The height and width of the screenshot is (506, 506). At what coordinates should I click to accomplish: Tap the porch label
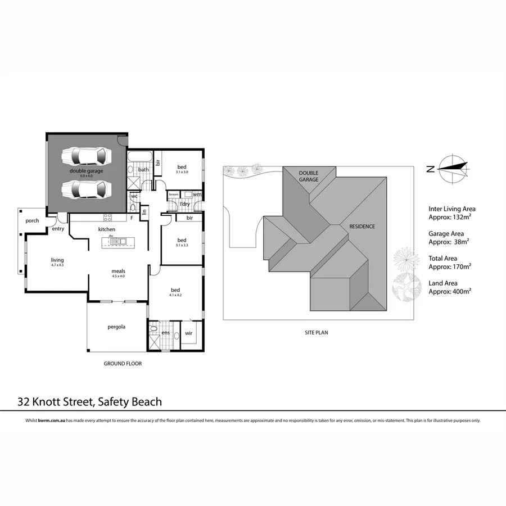pyautogui.click(x=32, y=220)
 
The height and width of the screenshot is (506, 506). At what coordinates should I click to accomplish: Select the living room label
pyautogui.click(x=57, y=260)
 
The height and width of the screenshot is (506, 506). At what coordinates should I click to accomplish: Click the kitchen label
pyautogui.click(x=107, y=229)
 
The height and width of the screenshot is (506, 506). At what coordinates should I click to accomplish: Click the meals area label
pyautogui.click(x=118, y=270)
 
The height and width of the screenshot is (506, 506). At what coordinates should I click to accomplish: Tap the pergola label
pyautogui.click(x=116, y=327)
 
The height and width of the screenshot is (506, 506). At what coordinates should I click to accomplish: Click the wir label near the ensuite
pyautogui.click(x=189, y=333)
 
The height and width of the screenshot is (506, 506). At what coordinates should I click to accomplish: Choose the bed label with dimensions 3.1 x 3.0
pyautogui.click(x=182, y=167)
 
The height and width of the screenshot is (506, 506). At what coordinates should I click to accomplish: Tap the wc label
pyautogui.click(x=134, y=196)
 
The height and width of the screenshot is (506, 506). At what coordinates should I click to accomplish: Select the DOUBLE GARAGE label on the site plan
pyautogui.click(x=309, y=176)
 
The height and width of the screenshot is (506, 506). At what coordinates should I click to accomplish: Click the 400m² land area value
pyautogui.click(x=459, y=291)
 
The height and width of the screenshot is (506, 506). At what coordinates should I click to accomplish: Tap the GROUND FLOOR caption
pyautogui.click(x=123, y=364)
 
